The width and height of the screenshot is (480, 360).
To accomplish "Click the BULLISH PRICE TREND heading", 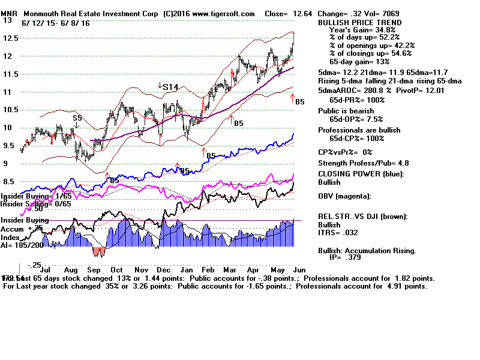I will (x=359, y=22).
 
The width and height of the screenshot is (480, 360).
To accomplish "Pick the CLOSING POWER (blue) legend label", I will (x=361, y=174).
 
